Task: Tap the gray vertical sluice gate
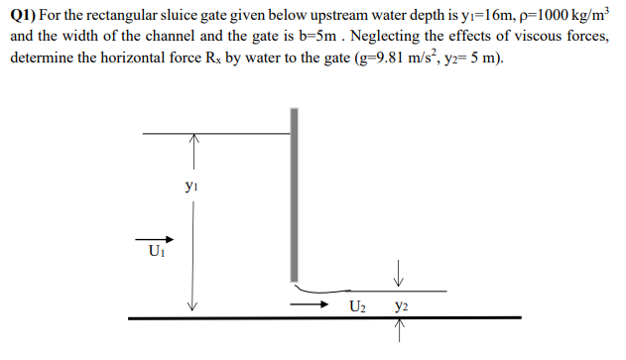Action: [294, 198]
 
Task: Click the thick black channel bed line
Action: [327, 317]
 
